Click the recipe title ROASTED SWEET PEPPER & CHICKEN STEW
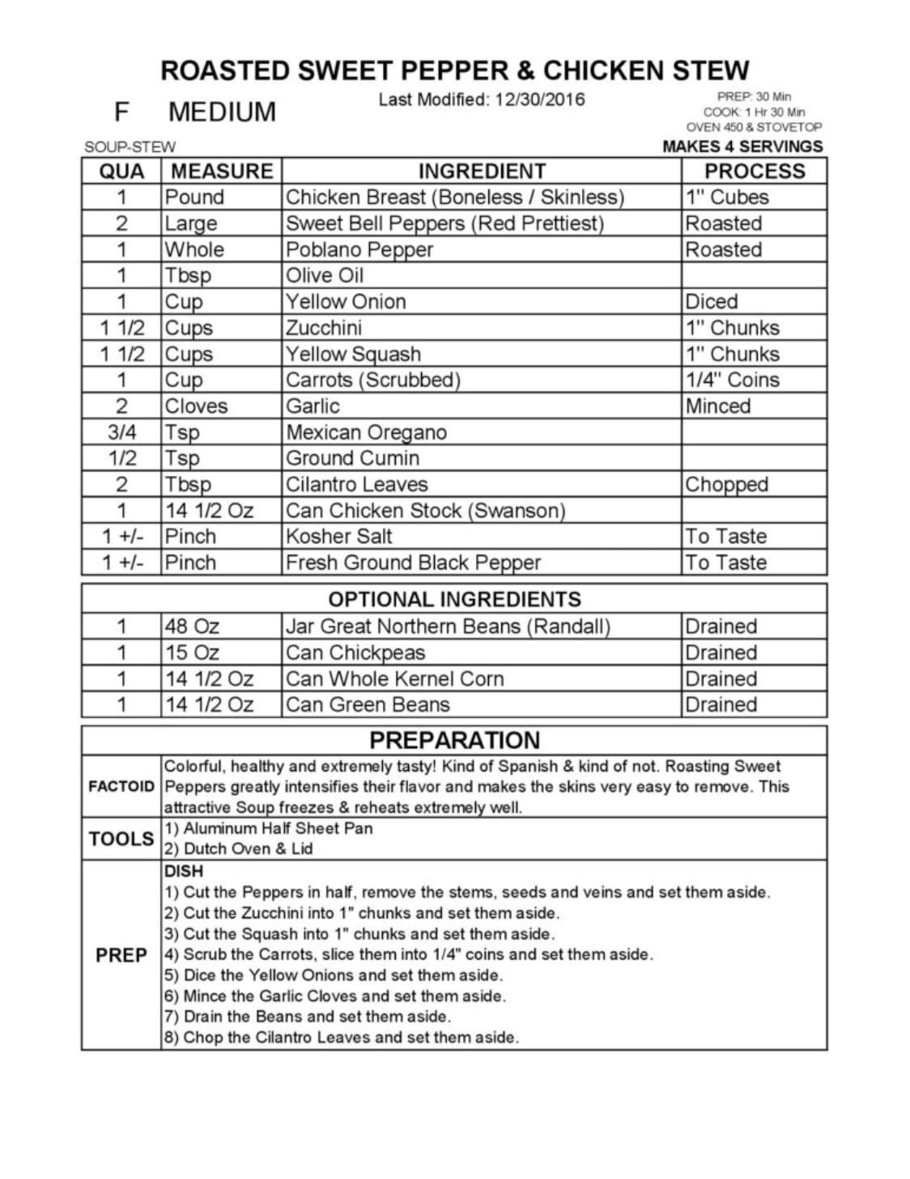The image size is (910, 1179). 454,70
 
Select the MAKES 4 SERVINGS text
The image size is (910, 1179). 742,147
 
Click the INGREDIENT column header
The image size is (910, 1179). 481,171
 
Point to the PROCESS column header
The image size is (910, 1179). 754,171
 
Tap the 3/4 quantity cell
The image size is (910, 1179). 121,432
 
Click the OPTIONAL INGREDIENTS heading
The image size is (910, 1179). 454,599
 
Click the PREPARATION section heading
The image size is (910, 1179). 454,740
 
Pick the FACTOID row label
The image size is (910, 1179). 121,786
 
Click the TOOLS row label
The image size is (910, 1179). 121,839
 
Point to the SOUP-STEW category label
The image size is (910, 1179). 130,147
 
